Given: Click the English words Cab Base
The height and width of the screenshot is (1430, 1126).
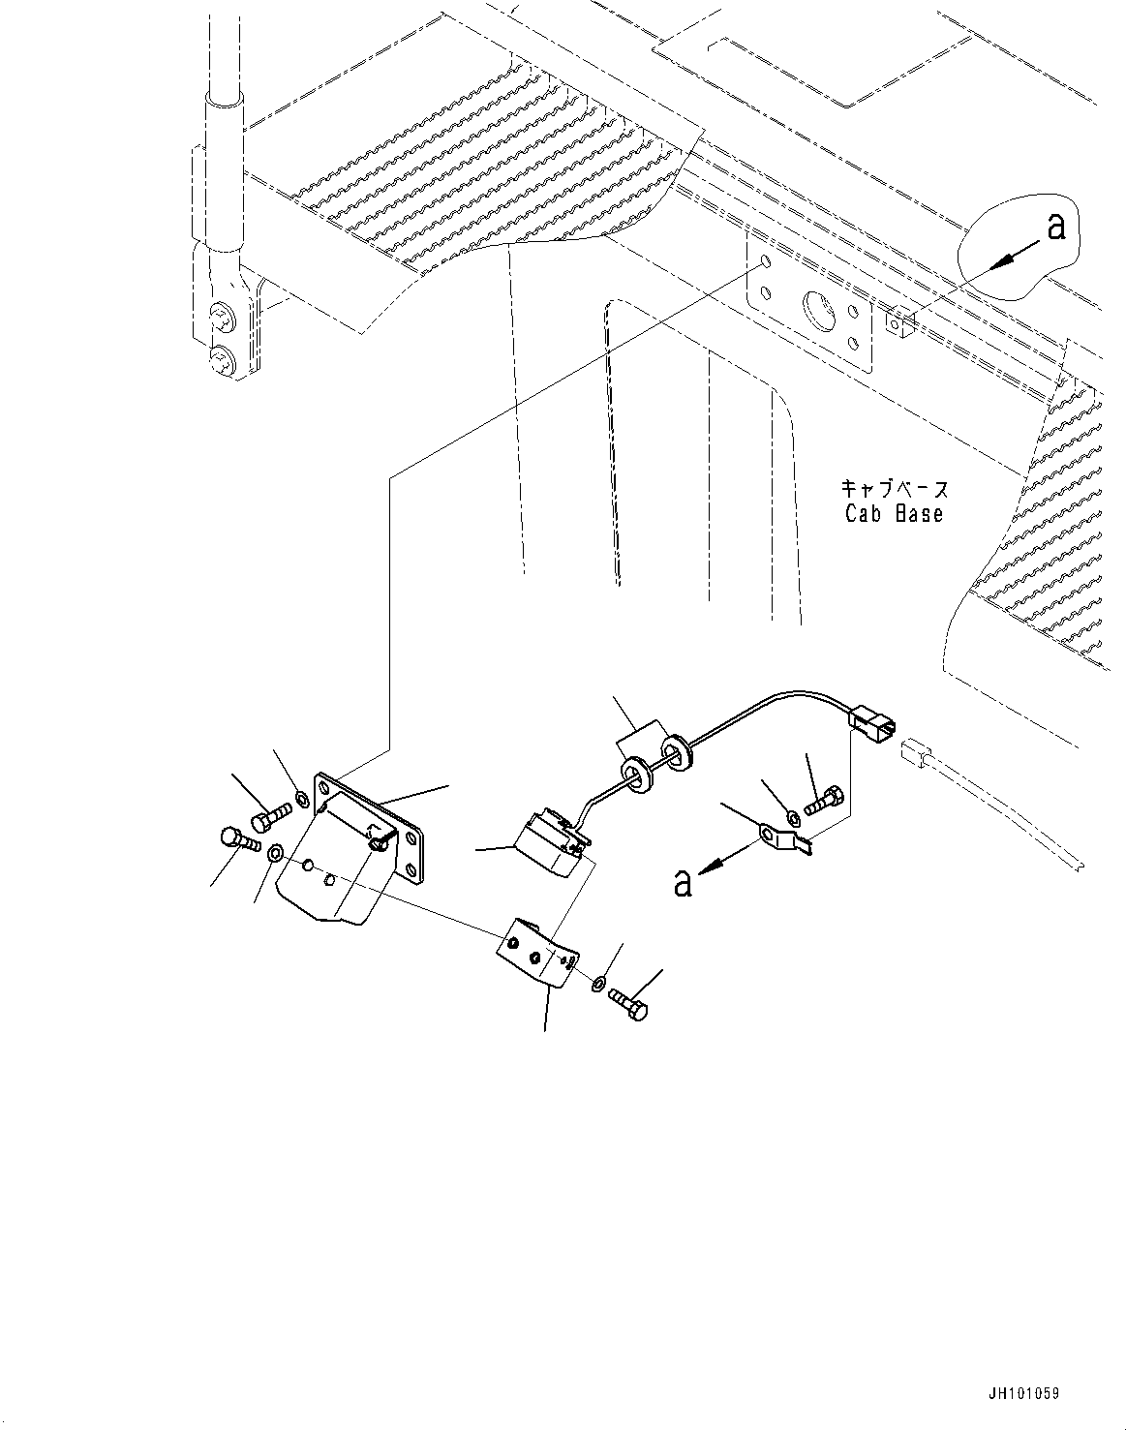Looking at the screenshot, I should click(893, 514).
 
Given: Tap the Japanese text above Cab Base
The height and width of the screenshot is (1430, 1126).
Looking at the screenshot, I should click(893, 489).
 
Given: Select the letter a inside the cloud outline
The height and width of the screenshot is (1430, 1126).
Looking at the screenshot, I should click(1055, 227).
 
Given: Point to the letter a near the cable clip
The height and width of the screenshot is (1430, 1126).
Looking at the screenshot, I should click(684, 883).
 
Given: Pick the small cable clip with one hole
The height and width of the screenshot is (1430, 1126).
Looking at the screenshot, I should click(781, 838).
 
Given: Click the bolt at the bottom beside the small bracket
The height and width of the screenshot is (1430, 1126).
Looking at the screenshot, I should click(629, 1009).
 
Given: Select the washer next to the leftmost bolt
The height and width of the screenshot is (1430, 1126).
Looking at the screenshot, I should click(275, 853).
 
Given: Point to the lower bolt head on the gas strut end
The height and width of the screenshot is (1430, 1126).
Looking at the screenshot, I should click(224, 362).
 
